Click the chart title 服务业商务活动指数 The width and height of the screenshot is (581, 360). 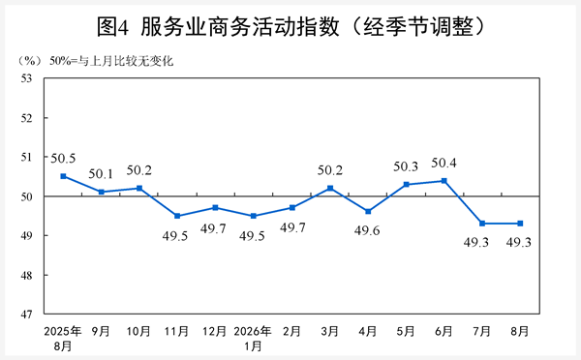(240, 27)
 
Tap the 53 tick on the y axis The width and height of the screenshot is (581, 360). (27, 78)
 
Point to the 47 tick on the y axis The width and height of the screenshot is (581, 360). (27, 315)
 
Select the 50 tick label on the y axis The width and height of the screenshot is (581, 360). (27, 196)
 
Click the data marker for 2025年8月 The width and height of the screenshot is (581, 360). (63, 176)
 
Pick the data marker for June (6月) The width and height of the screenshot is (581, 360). (443, 181)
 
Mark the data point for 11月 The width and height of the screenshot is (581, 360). (177, 216)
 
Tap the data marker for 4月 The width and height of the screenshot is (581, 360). (368, 212)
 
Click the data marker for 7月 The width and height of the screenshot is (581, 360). (482, 224)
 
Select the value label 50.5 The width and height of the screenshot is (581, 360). (63, 159)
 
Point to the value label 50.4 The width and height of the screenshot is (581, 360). (443, 163)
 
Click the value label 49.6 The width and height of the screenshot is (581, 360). (367, 230)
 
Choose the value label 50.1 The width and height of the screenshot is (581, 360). (101, 173)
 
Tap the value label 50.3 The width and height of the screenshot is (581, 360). (406, 166)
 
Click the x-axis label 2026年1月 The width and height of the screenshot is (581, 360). (253, 339)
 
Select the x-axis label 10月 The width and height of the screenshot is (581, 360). (138, 331)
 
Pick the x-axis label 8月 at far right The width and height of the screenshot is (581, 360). (519, 331)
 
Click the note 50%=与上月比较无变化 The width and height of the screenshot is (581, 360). (111, 61)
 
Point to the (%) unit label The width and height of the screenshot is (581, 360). (29, 61)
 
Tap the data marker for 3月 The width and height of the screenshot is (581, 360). (330, 188)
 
